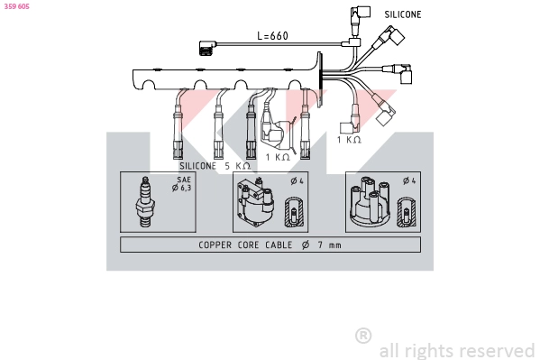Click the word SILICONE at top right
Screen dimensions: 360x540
[402, 15]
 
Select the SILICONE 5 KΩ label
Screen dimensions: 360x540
[215, 166]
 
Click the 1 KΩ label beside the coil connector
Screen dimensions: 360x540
[277, 156]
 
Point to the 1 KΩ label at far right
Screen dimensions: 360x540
[349, 140]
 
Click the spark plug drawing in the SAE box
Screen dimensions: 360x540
[143, 203]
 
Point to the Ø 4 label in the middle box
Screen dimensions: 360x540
[295, 181]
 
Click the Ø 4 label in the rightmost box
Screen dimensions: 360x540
[408, 181]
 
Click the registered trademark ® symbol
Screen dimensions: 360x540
[363, 336]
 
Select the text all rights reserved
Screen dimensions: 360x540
[456, 350]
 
